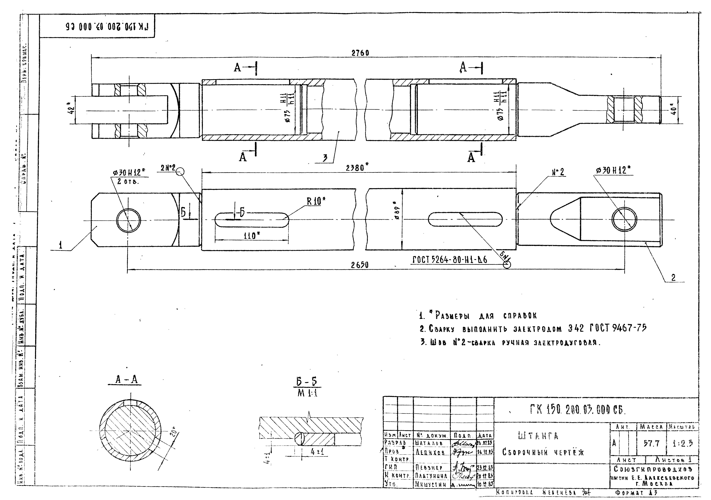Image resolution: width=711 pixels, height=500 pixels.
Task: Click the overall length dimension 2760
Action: tap(360, 53)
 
